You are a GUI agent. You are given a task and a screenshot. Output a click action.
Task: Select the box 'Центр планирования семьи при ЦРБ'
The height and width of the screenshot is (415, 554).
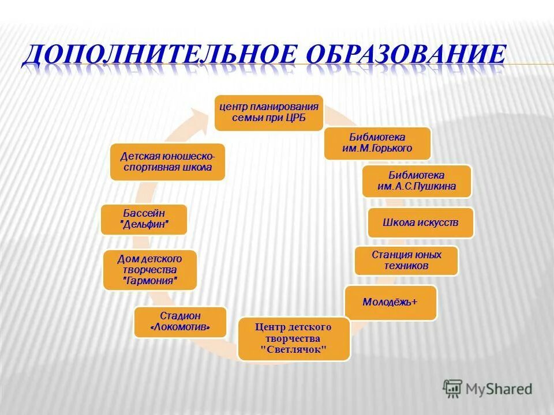pyautogui.click(x=268, y=112)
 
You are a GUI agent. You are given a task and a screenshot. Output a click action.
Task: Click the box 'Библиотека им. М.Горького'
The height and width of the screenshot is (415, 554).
pyautogui.click(x=377, y=144)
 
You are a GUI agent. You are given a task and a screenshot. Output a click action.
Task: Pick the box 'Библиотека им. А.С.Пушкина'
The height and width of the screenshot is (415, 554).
pyautogui.click(x=417, y=181)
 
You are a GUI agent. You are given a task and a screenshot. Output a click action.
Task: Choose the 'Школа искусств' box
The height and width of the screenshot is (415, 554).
pyautogui.click(x=421, y=222)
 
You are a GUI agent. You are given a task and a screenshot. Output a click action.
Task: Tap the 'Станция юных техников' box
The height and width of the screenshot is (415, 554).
pyautogui.click(x=406, y=261)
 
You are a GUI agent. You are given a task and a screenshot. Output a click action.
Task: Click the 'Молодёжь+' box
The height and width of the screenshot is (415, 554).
pyautogui.click(x=390, y=302)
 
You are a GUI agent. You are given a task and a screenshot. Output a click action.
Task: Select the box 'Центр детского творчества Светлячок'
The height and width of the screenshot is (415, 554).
pyautogui.click(x=293, y=338)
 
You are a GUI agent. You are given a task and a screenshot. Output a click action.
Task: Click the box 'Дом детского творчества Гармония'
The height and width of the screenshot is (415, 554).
pyautogui.click(x=150, y=270)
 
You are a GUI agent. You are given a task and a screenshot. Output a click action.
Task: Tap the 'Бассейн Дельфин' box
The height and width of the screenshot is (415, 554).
pyautogui.click(x=144, y=219)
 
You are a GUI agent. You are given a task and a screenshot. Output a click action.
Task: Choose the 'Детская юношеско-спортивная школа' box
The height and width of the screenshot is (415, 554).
pyautogui.click(x=167, y=162)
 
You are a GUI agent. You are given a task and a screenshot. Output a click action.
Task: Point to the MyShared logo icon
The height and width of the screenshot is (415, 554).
pyautogui.click(x=452, y=388)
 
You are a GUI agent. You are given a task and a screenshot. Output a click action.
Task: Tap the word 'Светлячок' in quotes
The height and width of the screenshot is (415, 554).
pyautogui.click(x=293, y=349)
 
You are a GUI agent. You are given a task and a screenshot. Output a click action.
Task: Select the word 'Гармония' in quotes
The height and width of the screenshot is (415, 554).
pyautogui.click(x=150, y=281)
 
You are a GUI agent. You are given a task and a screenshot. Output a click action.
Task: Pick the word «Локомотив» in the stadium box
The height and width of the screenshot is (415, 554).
pyautogui.click(x=180, y=328)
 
